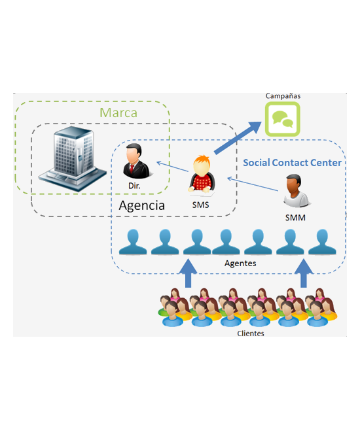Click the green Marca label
(118, 112)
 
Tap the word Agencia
(142, 205)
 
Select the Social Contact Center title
(292, 163)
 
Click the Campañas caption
(283, 96)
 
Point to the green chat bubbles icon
(283, 119)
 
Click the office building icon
(73, 158)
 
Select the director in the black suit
(135, 161)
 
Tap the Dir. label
(134, 186)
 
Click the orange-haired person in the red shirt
(202, 175)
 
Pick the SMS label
(200, 205)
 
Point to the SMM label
(295, 218)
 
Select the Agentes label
(240, 264)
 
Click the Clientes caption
(251, 333)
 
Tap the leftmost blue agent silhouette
(133, 242)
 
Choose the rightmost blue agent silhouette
(322, 242)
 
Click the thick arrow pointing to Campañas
(238, 138)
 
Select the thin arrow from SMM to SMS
(253, 184)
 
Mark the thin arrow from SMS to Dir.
(172, 166)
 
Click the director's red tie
(132, 169)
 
